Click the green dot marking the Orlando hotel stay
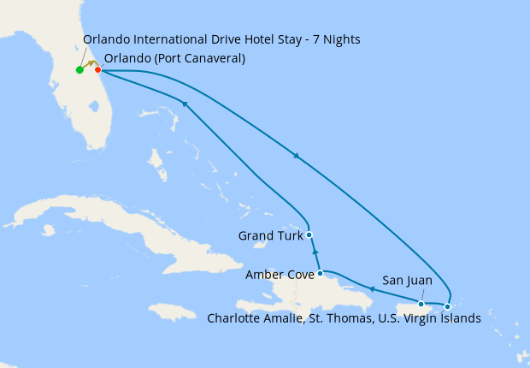pyautogui.click(x=79, y=70)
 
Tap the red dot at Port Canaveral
pyautogui.click(x=98, y=69)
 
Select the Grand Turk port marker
pyautogui.click(x=309, y=234)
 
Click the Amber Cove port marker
pyautogui.click(x=320, y=274)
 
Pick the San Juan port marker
pyautogui.click(x=421, y=304)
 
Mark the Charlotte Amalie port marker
pyautogui.click(x=447, y=306)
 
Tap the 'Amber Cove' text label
pyautogui.click(x=279, y=275)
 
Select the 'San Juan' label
pyautogui.click(x=407, y=280)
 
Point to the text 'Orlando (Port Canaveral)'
pyautogui.click(x=174, y=59)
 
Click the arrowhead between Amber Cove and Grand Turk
pyautogui.click(x=315, y=254)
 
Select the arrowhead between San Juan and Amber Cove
pyautogui.click(x=371, y=290)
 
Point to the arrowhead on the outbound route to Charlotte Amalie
pyautogui.click(x=297, y=157)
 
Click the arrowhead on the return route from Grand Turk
pyautogui.click(x=184, y=104)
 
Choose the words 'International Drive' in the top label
pyautogui.click(x=179, y=39)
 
